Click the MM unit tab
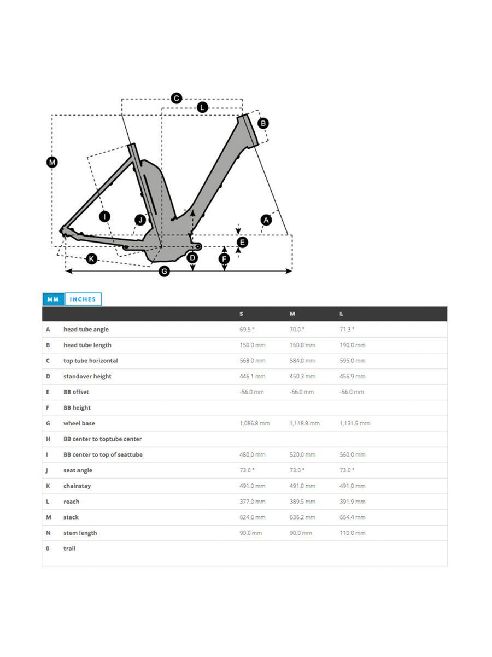click(x=53, y=299)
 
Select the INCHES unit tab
click(x=83, y=299)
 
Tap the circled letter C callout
click(x=176, y=98)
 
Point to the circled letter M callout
click(x=52, y=162)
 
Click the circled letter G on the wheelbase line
click(x=164, y=271)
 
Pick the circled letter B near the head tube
click(x=263, y=123)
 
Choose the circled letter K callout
click(x=91, y=258)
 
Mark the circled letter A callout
click(x=266, y=220)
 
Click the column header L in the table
click(x=341, y=314)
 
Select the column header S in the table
click(x=241, y=314)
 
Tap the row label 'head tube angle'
click(x=86, y=330)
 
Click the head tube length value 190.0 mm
click(x=352, y=345)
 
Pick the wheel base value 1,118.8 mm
click(x=304, y=423)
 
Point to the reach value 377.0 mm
click(x=252, y=502)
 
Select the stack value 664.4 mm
click(x=352, y=517)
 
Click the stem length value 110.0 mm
click(x=352, y=533)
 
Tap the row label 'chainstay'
click(x=77, y=486)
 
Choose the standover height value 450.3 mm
click(x=302, y=377)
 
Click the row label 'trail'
click(x=69, y=549)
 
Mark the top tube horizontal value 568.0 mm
click(x=252, y=361)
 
